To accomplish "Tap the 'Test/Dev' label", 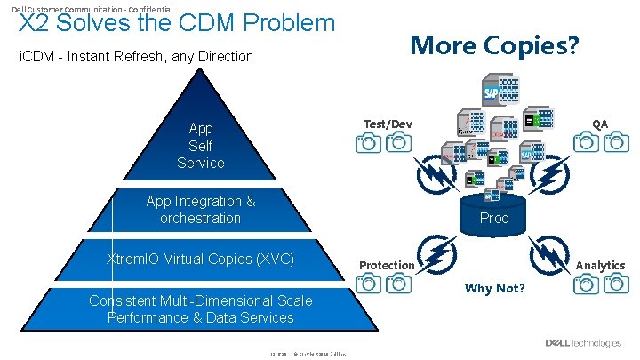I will point(388,124).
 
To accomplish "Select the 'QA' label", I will point(600,124).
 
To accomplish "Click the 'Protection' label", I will point(387,265).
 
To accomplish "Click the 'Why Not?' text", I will point(495,289).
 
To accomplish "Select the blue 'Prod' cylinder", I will point(494,217).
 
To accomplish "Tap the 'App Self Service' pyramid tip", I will point(201,146).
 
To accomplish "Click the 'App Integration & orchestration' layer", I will point(201,210).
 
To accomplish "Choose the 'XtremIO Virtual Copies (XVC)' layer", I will point(201,260).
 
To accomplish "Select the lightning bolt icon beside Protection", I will point(437,252).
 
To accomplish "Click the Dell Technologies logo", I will point(583,343).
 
